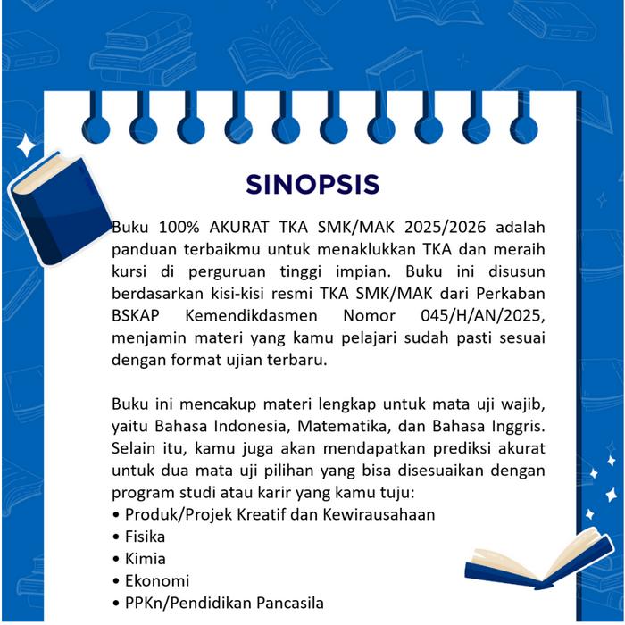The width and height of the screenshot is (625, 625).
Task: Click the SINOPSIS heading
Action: tap(312, 184)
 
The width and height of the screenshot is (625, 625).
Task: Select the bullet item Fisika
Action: tap(145, 537)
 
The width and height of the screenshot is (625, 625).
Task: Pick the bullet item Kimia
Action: tap(145, 559)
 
